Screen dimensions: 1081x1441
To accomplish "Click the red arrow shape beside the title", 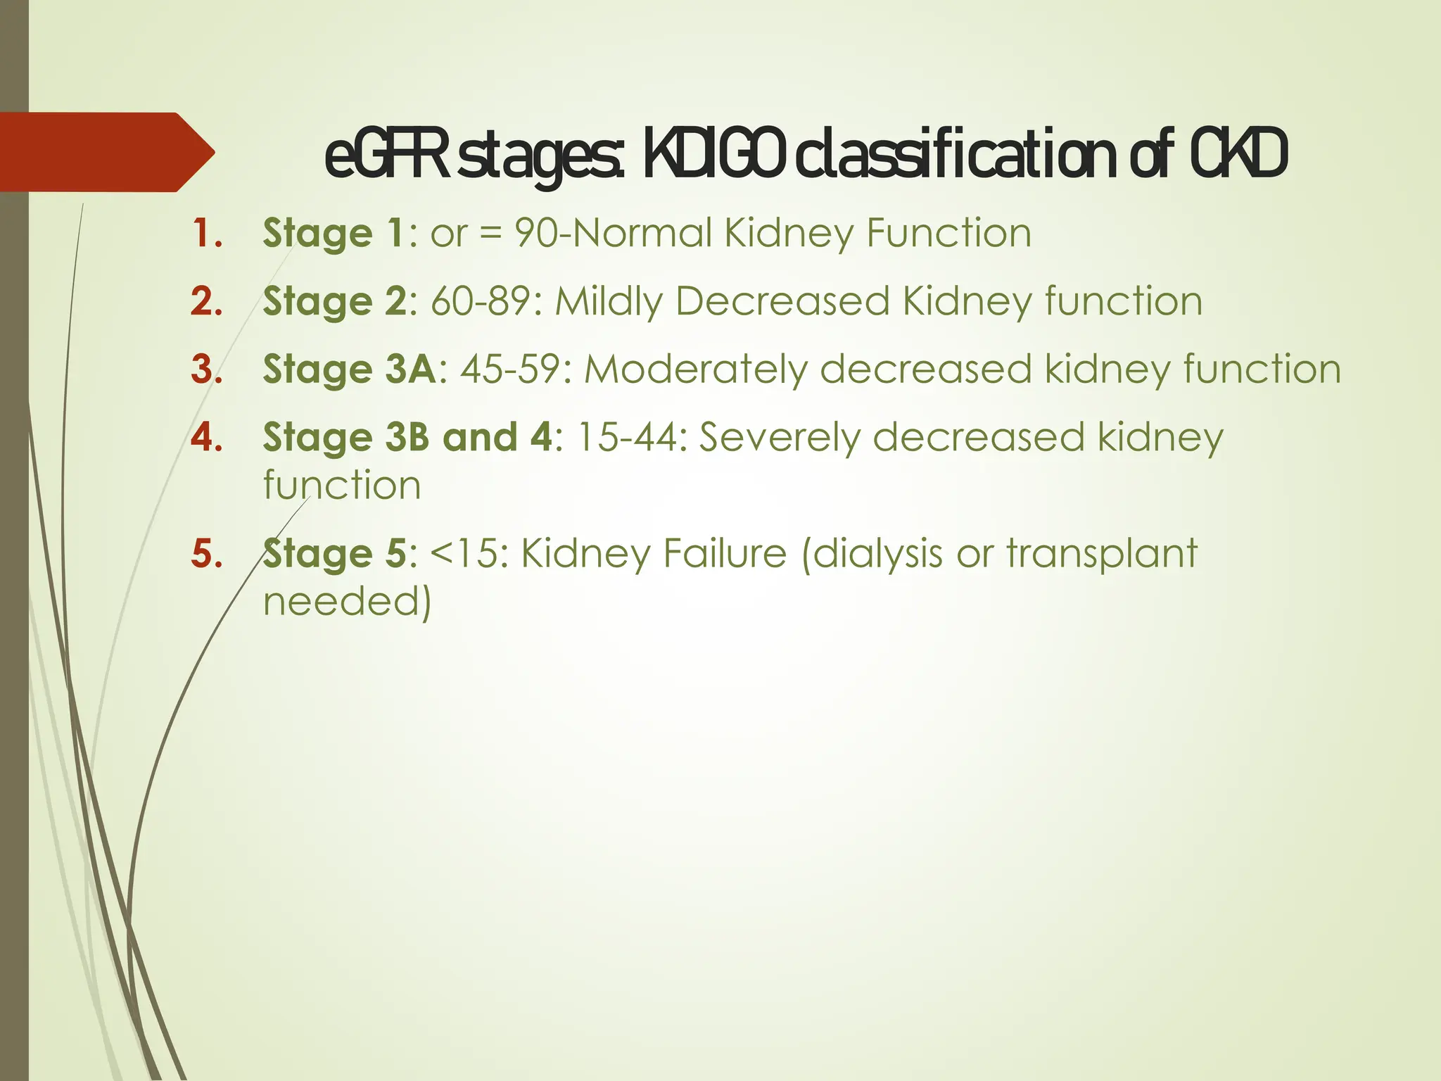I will pyautogui.click(x=106, y=152).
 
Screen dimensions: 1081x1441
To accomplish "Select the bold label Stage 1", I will pyautogui.click(x=334, y=233).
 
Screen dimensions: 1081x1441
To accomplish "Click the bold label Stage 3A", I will pyautogui.click(x=350, y=369).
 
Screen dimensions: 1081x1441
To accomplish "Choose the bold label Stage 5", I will pyautogui.click(x=334, y=554).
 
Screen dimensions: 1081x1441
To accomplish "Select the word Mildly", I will pyautogui.click(x=609, y=301).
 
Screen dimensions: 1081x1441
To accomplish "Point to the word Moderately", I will pyautogui.click(x=696, y=369).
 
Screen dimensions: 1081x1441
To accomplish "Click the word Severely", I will pyautogui.click(x=780, y=438).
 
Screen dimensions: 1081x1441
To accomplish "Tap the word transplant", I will pyautogui.click(x=1102, y=554).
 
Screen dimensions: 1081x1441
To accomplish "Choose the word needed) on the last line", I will pyautogui.click(x=348, y=602).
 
